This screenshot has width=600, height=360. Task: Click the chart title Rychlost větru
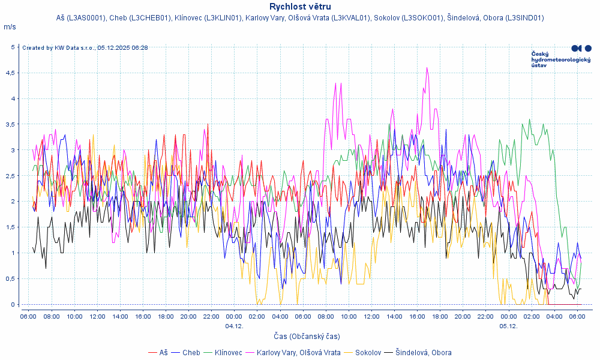click(x=300, y=7)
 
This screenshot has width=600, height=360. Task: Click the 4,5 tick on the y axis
click(x=11, y=73)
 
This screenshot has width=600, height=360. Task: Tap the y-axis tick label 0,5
click(x=11, y=278)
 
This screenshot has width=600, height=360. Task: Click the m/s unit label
click(x=10, y=27)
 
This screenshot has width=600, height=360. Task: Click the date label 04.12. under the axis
click(x=234, y=326)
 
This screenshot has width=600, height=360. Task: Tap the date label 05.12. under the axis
click(x=508, y=326)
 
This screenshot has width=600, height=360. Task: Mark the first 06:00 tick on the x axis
click(x=28, y=316)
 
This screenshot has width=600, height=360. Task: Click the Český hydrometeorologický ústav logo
click(x=560, y=56)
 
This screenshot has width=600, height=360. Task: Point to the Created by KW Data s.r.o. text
click(x=85, y=47)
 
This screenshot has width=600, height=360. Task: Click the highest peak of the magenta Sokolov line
click(x=427, y=68)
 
